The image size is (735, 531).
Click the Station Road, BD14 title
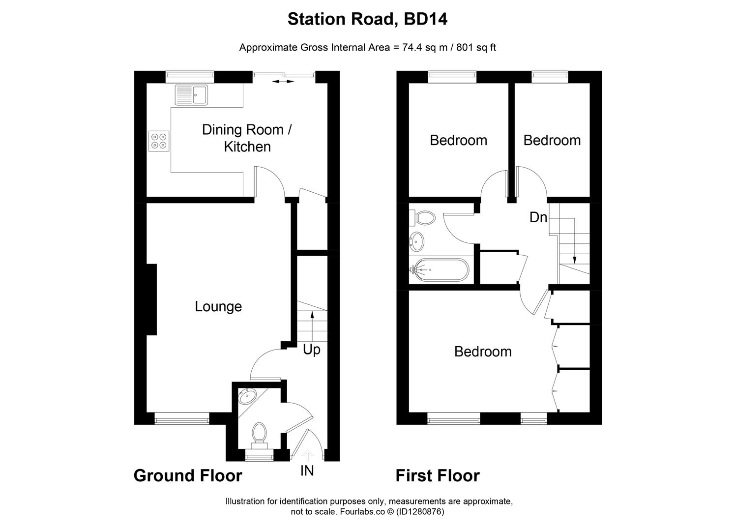367,19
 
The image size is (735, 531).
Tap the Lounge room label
218,306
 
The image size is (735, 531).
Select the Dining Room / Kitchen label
247,138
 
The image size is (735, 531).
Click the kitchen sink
191,94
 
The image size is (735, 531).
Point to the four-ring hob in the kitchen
159,141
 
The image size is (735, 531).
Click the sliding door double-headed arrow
284,81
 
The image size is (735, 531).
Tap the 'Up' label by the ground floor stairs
311,350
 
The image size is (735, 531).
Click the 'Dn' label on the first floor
538,217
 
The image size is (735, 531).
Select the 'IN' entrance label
307,471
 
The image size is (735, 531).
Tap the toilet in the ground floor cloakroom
259,434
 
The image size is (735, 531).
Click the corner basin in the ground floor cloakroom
245,396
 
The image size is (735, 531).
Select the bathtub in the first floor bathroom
440,270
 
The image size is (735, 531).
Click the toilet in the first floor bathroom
424,217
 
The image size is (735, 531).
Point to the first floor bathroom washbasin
417,241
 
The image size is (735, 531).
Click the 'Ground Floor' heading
188,476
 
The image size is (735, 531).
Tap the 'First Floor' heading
438,476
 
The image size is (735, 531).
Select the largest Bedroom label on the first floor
482,352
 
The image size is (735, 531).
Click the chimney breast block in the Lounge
151,299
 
